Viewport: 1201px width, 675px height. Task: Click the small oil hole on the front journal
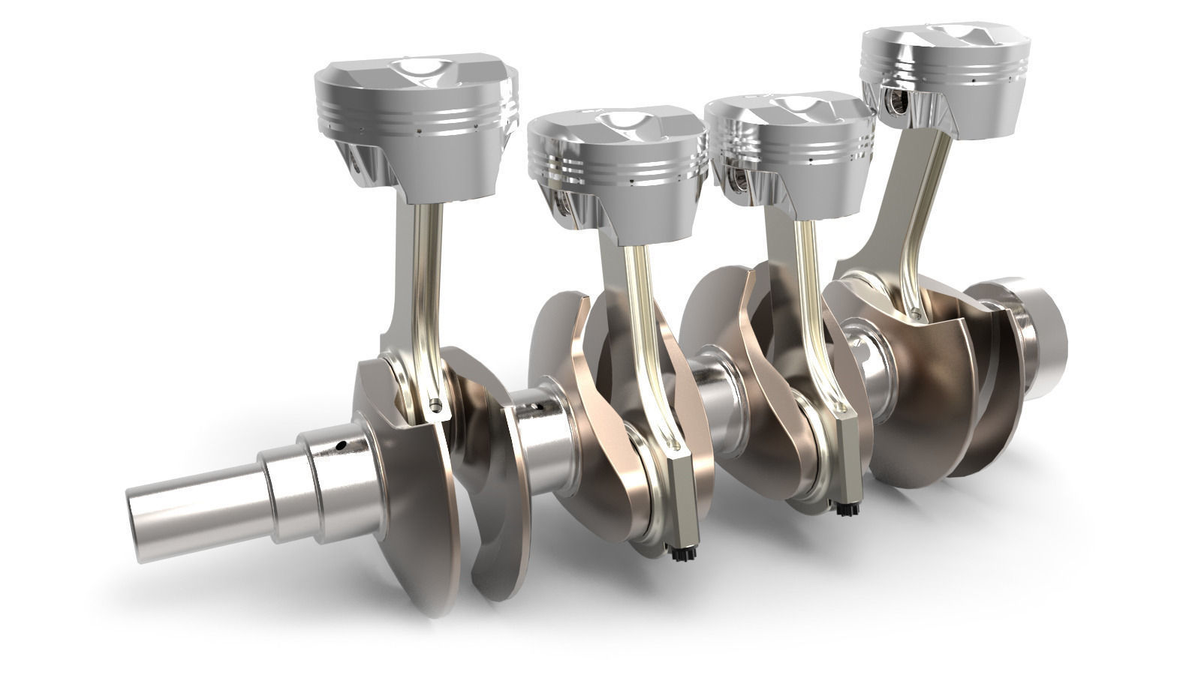(x=340, y=445)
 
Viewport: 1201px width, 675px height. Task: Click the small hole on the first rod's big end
(x=435, y=405)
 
